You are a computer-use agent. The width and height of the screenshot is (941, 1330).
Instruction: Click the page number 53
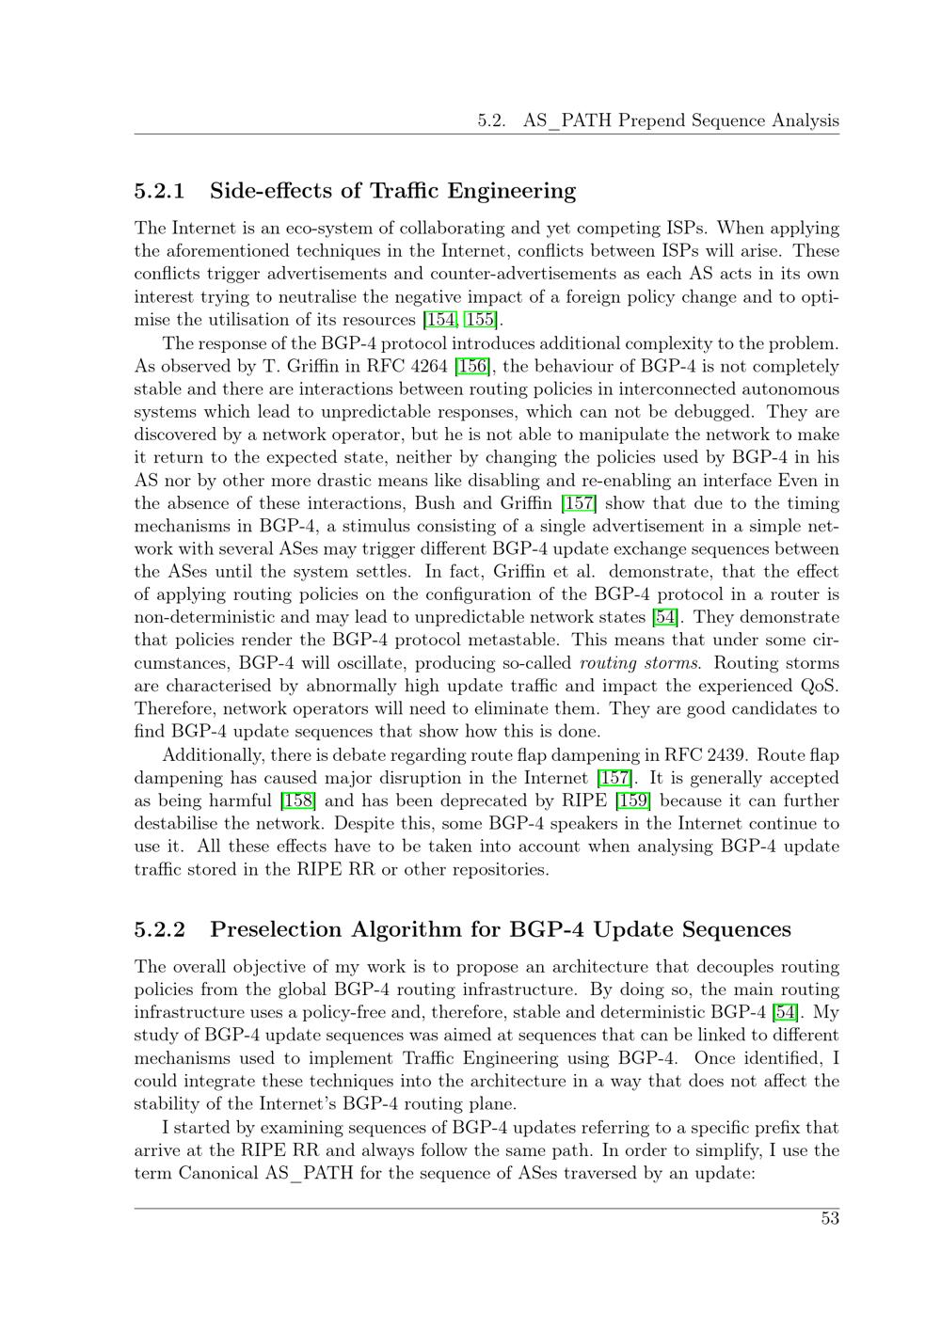[x=829, y=1218]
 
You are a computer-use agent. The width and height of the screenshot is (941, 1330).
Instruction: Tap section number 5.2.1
[x=160, y=191]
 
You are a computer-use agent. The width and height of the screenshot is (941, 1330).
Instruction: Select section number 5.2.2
[x=160, y=929]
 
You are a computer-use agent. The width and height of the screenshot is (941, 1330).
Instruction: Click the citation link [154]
[x=441, y=320]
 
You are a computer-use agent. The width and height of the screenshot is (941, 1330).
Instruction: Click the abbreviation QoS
[x=818, y=686]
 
